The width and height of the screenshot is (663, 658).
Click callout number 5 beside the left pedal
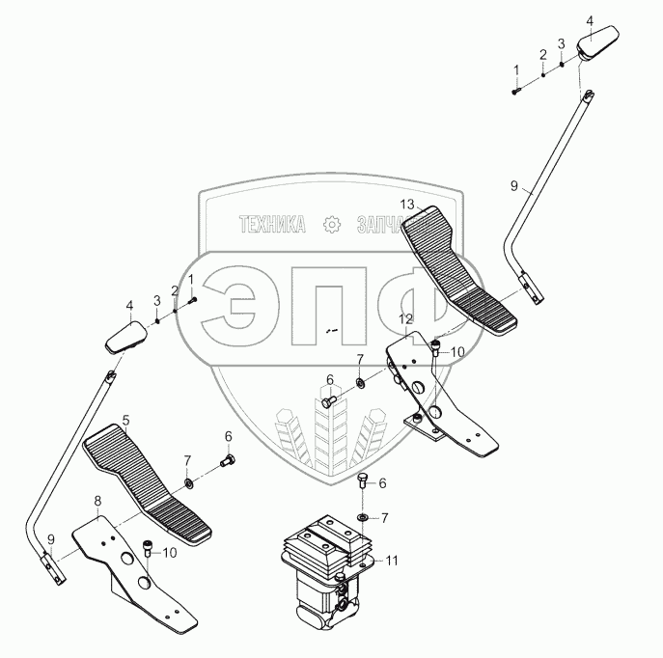[x=124, y=422]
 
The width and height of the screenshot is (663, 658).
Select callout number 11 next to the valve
[x=392, y=560]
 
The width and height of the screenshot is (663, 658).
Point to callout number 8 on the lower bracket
[x=97, y=500]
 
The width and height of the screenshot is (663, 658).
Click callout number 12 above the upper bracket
[x=405, y=318]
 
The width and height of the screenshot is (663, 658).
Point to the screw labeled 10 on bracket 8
[x=147, y=550]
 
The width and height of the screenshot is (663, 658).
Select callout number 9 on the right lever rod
[x=512, y=184]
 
